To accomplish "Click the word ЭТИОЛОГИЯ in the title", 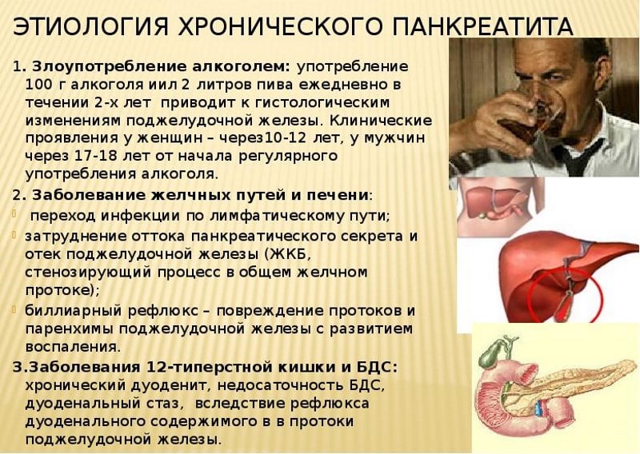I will [78, 26].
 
